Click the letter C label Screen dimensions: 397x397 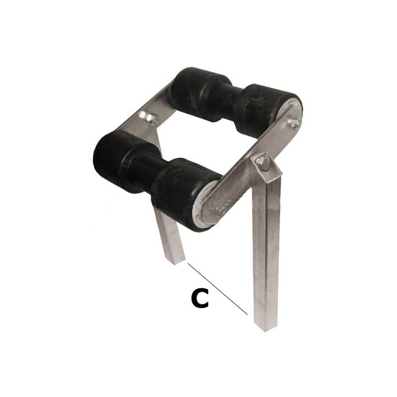[200, 299]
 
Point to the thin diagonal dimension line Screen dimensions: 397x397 [217, 289]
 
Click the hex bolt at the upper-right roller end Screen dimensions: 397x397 [294, 124]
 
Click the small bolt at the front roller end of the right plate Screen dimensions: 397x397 [217, 212]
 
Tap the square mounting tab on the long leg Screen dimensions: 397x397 [266, 167]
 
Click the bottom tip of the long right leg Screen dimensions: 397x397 [265, 329]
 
